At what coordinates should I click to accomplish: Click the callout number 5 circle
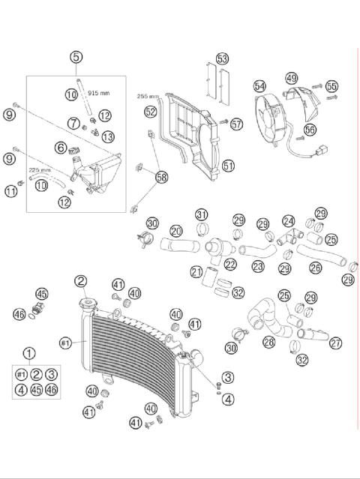coord(76,57)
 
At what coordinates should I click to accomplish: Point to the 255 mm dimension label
coord(148,97)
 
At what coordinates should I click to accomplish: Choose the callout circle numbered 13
coord(108,136)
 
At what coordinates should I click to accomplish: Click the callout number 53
coord(222,58)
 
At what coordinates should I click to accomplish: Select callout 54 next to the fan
coord(259,86)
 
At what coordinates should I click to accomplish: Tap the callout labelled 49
coord(291,78)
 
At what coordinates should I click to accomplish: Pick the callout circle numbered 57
coord(237,124)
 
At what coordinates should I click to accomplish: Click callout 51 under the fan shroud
coord(228,165)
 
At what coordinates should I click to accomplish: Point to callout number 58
coord(161,177)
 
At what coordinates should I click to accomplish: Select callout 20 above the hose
coord(176,231)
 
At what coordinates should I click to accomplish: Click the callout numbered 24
coord(289,221)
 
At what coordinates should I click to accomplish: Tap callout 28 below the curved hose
coord(268,342)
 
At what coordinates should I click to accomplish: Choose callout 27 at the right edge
coord(335,343)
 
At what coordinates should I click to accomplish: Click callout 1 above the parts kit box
coord(29,353)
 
